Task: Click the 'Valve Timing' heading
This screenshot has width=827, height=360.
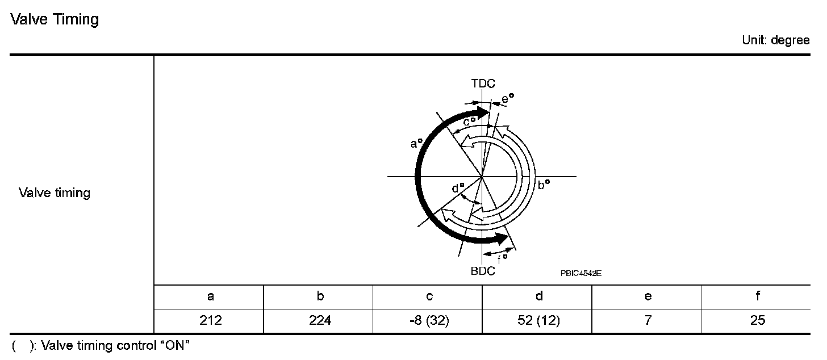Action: pyautogui.click(x=55, y=19)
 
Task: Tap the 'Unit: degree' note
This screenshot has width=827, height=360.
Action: pyautogui.click(x=776, y=40)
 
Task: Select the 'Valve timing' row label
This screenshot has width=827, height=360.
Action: pyautogui.click(x=55, y=192)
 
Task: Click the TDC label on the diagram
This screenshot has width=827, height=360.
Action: pyautogui.click(x=483, y=83)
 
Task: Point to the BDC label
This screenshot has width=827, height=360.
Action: pyautogui.click(x=483, y=271)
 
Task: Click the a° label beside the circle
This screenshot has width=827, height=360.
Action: pyautogui.click(x=416, y=143)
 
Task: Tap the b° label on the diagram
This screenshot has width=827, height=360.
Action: pyautogui.click(x=544, y=184)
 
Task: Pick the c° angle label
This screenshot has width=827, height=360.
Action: pyautogui.click(x=469, y=121)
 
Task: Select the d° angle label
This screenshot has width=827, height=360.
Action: pyautogui.click(x=458, y=188)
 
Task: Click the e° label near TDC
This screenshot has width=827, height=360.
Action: pyautogui.click(x=508, y=98)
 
